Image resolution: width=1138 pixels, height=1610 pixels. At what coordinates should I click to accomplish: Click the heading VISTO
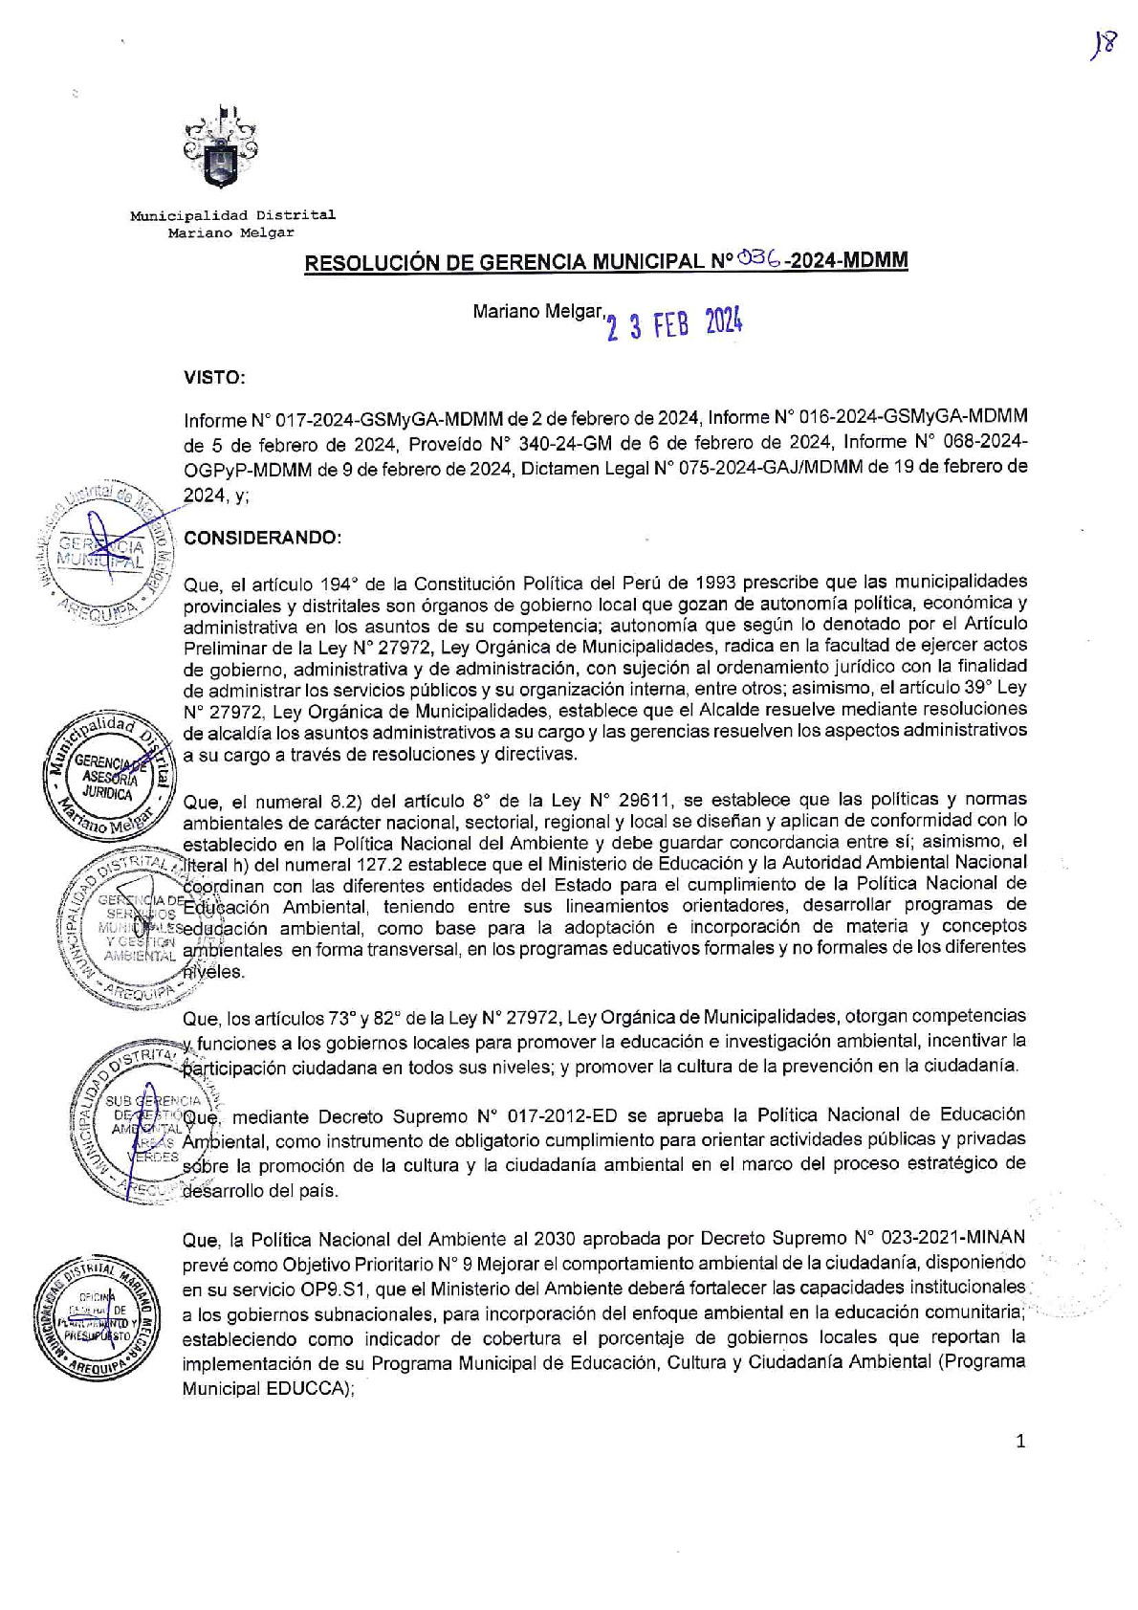[214, 378]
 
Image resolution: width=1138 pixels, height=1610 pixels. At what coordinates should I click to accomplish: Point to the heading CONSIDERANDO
[261, 538]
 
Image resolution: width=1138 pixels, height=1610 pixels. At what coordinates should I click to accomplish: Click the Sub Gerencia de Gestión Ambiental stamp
[143, 1119]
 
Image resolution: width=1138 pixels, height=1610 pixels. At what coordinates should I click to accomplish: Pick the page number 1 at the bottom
[1020, 1441]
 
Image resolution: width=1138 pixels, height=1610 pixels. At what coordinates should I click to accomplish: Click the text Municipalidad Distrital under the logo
[232, 215]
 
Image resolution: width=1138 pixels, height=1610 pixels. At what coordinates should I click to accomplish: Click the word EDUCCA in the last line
[309, 1388]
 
